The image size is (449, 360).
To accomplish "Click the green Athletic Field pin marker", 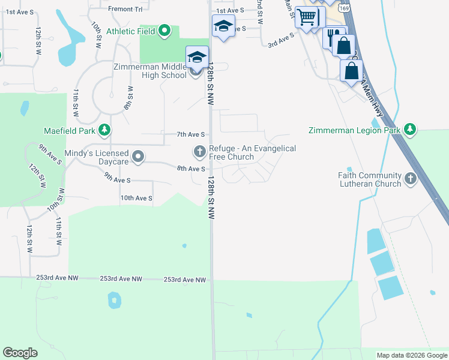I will click(x=165, y=31).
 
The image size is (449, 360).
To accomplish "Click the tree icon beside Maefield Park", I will click(x=104, y=130).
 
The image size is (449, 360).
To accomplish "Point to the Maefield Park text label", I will click(x=70, y=130).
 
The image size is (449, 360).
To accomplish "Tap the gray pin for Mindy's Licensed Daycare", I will click(x=138, y=157).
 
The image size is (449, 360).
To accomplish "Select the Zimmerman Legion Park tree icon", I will click(x=409, y=130).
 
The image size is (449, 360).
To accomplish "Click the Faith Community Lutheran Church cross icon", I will click(x=410, y=178).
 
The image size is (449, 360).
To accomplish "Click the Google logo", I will click(x=20, y=353).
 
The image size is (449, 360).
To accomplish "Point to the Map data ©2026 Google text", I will click(x=411, y=355).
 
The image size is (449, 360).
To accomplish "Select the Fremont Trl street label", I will click(x=126, y=9).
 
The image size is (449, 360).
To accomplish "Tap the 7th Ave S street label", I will click(x=191, y=134).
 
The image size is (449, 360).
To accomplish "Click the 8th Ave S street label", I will click(x=191, y=169).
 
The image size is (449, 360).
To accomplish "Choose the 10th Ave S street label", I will click(x=136, y=198).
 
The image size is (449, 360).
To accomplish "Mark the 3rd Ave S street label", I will click(x=281, y=40).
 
